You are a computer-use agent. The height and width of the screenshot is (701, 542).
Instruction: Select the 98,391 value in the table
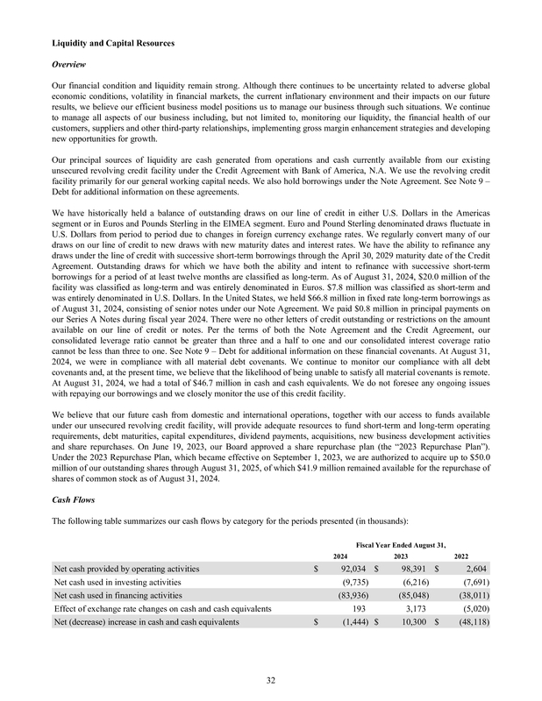[409, 570]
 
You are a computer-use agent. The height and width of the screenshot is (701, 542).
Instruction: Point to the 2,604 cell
[474, 570]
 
